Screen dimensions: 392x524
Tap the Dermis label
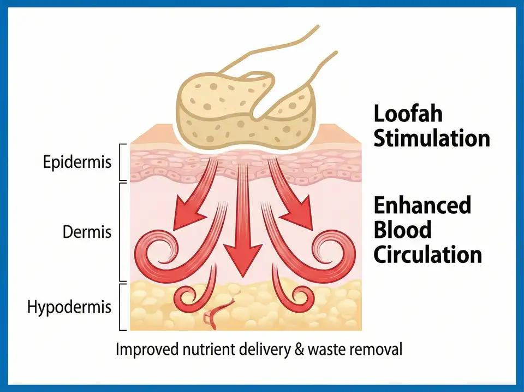[x=87, y=232]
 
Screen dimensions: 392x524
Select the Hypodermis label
[x=69, y=307]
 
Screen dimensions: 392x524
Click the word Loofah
[x=408, y=114]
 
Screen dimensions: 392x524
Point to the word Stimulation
[x=432, y=138]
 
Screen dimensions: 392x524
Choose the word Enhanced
[x=422, y=206]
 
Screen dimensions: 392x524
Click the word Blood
[x=402, y=230]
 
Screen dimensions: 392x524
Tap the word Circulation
[x=428, y=254]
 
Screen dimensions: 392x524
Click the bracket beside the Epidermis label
[x=121, y=162]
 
